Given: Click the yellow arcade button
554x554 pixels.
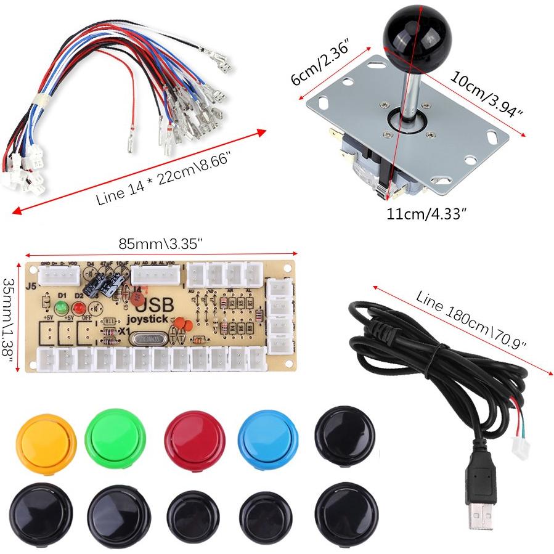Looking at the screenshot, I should tap(46, 439).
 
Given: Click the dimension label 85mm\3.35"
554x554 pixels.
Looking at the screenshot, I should tap(161, 244).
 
